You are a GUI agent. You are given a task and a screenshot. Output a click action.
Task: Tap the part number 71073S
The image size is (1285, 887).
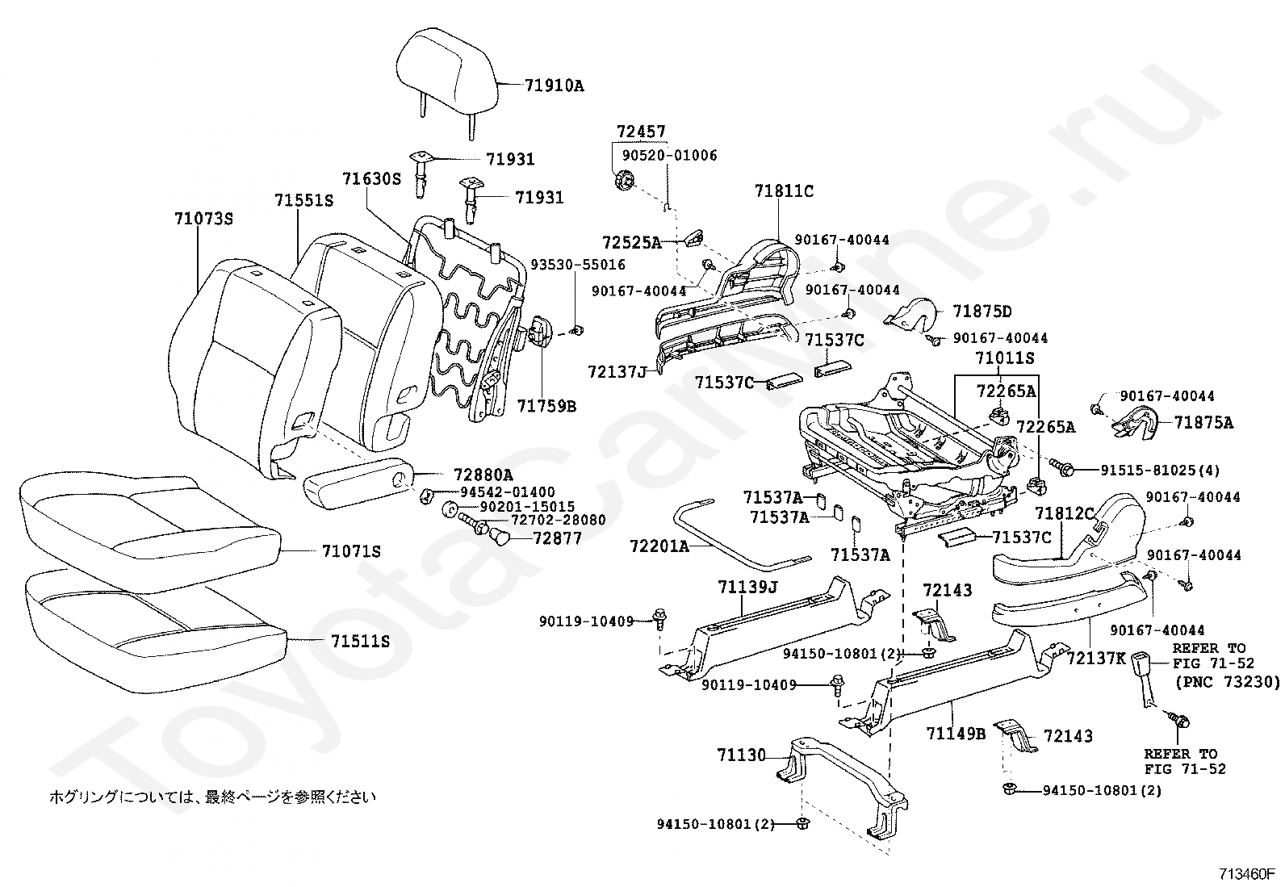coord(204,219)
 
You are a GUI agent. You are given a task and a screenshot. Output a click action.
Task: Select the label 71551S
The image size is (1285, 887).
coord(304,200)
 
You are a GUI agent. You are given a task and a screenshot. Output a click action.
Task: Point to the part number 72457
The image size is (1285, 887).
coord(642,132)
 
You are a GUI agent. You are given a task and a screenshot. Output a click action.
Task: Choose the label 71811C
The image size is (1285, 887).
coord(785,190)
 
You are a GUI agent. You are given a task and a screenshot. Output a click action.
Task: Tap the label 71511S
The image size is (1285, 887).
coord(360,641)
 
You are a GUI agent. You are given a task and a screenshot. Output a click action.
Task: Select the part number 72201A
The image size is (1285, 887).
coord(659,546)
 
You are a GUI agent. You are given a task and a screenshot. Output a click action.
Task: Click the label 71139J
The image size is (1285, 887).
coord(748,587)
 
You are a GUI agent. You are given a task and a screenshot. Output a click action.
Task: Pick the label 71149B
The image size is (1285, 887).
coord(956,733)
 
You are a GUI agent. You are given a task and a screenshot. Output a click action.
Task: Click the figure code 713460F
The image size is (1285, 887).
coord(1246,874)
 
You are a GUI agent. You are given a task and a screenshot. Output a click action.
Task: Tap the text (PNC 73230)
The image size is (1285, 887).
coord(1227,682)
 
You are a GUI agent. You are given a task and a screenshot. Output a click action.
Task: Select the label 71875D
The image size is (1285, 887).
coord(982,312)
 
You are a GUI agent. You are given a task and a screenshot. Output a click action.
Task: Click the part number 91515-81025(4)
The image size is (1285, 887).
coord(1160,471)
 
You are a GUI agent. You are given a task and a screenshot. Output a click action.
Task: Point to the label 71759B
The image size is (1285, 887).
coord(546,406)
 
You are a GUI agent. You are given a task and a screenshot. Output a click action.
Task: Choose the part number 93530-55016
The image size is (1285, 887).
coord(578,265)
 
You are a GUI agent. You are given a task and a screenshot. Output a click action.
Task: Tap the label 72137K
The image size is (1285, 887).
coord(1096,658)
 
